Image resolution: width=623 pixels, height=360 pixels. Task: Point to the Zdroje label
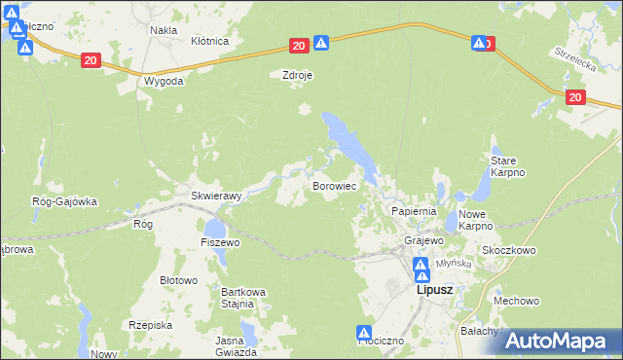click(x=296, y=74)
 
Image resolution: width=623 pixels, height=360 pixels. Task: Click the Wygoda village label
click(x=163, y=82)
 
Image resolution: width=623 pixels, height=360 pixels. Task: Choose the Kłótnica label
click(x=209, y=42)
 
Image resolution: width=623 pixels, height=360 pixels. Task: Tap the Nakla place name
click(x=163, y=30)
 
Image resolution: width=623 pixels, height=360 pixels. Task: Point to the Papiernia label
click(x=414, y=210)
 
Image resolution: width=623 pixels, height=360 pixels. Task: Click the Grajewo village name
click(x=424, y=240)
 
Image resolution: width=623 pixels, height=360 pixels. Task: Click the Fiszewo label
click(x=220, y=241)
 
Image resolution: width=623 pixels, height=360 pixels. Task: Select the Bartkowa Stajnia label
click(x=243, y=298)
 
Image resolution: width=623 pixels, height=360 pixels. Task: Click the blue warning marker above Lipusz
click(x=421, y=266)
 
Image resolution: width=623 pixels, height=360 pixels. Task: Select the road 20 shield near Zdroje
click(x=298, y=46)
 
